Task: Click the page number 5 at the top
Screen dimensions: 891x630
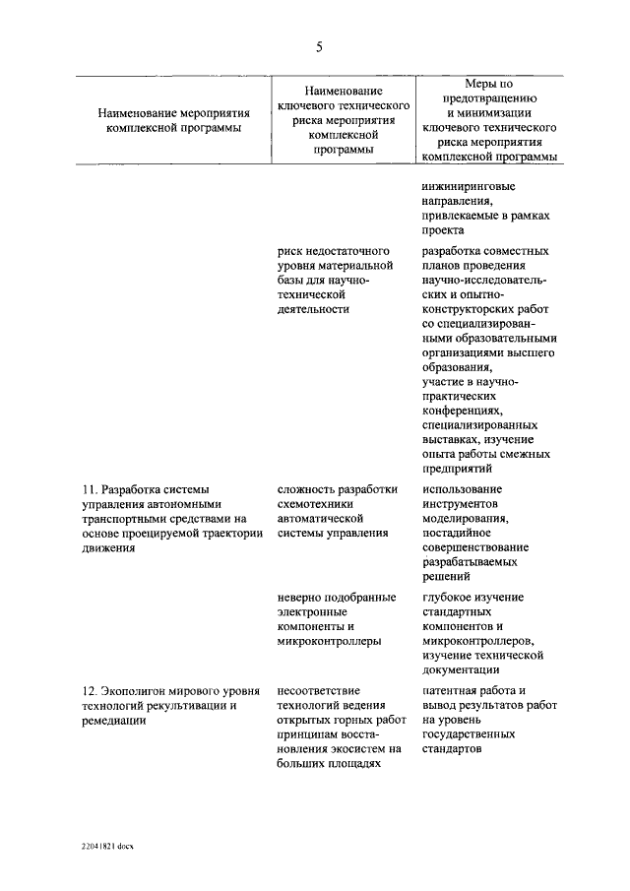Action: point(319,47)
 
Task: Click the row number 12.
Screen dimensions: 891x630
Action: point(88,690)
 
